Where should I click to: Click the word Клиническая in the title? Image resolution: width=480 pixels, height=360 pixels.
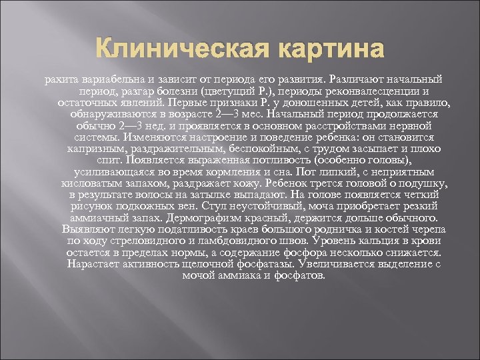175,49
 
